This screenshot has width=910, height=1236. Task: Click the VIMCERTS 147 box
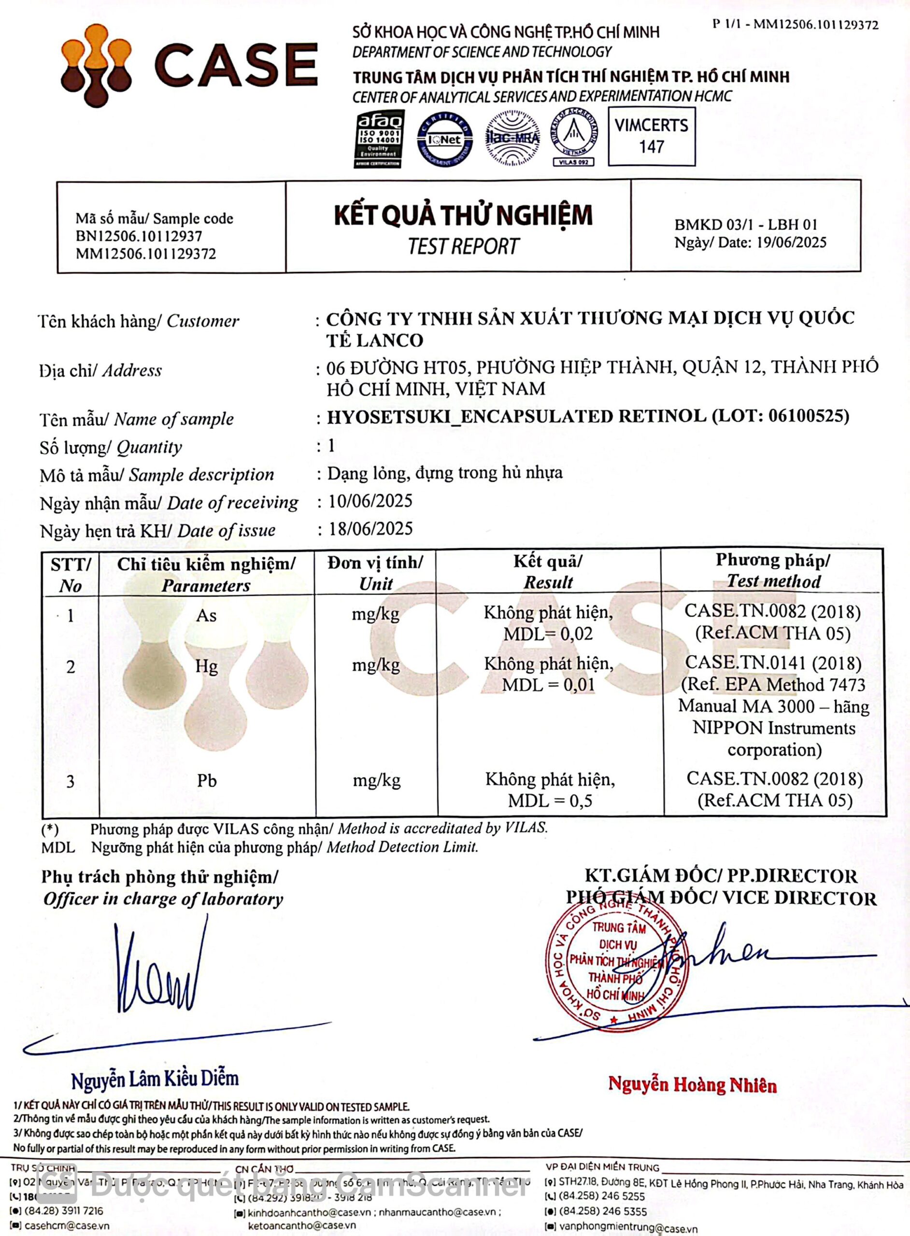point(651,136)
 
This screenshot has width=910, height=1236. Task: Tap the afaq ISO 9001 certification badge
point(379,139)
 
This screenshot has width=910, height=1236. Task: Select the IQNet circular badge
point(444,139)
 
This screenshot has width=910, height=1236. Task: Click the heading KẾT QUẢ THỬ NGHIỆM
point(463,215)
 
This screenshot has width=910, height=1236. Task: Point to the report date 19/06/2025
point(791,243)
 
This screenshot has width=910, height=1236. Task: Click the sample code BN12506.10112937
point(139,236)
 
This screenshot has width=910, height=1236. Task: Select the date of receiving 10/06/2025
point(370,501)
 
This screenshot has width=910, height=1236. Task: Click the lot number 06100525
point(805,416)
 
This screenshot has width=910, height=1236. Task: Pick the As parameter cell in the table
point(207,616)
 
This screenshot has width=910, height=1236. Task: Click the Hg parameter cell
point(207,667)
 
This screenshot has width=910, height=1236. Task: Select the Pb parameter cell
point(207,781)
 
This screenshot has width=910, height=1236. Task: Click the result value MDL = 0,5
point(550,801)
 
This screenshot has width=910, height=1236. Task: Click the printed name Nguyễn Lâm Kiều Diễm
point(155,1079)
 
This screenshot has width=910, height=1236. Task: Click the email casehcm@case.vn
point(67,1226)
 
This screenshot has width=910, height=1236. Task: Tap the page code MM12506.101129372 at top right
point(816,25)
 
